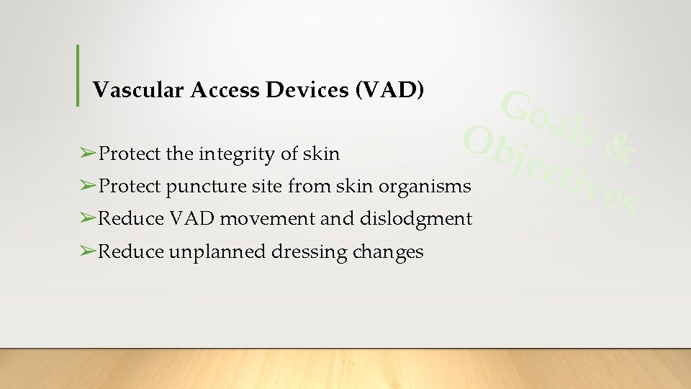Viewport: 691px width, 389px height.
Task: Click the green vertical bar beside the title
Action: (x=77, y=75)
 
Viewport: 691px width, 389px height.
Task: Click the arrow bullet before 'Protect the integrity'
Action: (x=88, y=154)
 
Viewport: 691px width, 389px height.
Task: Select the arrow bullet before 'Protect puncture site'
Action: (x=88, y=187)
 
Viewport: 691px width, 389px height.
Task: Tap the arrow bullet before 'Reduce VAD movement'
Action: (x=88, y=219)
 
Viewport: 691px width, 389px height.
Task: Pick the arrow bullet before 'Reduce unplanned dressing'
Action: (x=88, y=251)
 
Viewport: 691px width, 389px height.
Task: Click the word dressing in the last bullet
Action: (x=310, y=252)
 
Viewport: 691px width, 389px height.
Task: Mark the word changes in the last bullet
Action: (x=389, y=252)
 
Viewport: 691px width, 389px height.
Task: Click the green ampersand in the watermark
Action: (x=618, y=148)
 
